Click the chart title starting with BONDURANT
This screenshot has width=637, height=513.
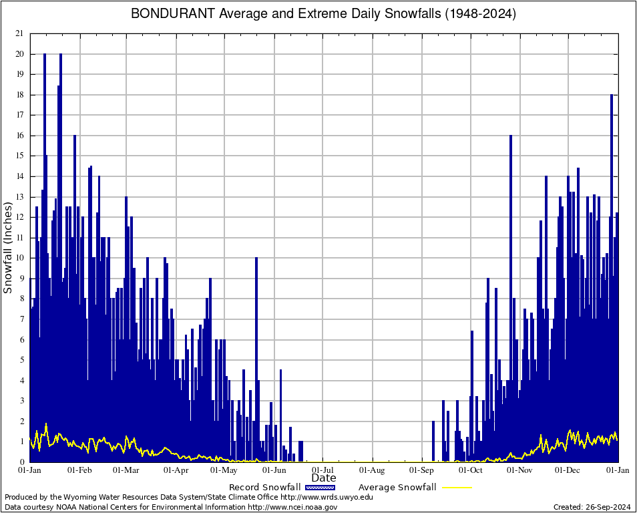(323, 13)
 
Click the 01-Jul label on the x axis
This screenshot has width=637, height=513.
(323, 470)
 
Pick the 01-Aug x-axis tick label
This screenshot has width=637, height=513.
(373, 470)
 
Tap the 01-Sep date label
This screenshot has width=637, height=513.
(422, 470)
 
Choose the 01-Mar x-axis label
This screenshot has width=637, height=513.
(126, 470)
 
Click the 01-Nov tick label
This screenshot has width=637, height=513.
(519, 470)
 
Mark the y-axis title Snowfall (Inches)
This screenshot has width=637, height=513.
(8, 248)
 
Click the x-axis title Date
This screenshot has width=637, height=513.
(324, 478)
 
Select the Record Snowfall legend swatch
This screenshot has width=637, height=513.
(319, 488)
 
